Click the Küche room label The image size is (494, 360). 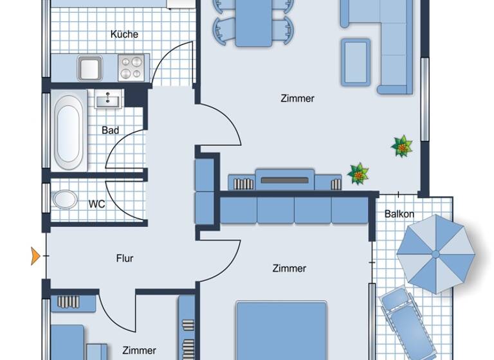pos(124,34)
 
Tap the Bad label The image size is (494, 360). pos(110,130)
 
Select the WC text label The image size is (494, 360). pos(96,204)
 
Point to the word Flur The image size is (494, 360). pos(125,258)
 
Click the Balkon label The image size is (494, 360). pos(399,214)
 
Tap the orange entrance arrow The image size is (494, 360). pos(35,256)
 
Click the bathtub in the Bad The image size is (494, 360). pos(69,131)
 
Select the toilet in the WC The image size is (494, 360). pos(64,199)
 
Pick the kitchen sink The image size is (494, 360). pos(90,67)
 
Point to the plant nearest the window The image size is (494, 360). pos(402,146)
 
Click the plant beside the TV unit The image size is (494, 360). pos(358,173)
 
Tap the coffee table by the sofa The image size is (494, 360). pos(356,62)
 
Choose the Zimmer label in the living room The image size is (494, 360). pos(297,98)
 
